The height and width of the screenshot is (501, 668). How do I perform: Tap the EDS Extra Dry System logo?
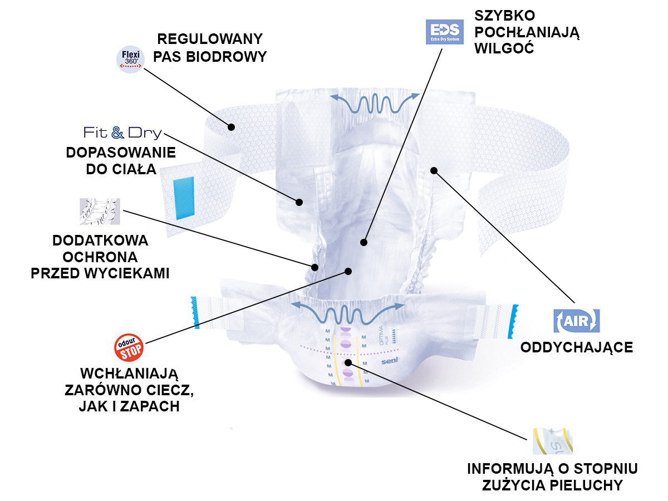[x=444, y=32]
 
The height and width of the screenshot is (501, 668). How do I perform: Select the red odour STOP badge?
[x=129, y=348]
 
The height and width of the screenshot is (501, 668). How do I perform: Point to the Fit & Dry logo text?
[x=122, y=132]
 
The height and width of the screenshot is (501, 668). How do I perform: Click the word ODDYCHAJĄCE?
[x=576, y=348]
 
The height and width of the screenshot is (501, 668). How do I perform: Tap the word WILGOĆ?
[x=504, y=48]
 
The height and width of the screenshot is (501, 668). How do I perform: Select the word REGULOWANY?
[x=209, y=39]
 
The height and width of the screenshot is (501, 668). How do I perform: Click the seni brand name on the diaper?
[x=389, y=362]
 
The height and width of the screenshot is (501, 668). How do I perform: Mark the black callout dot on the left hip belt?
[x=230, y=127]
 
